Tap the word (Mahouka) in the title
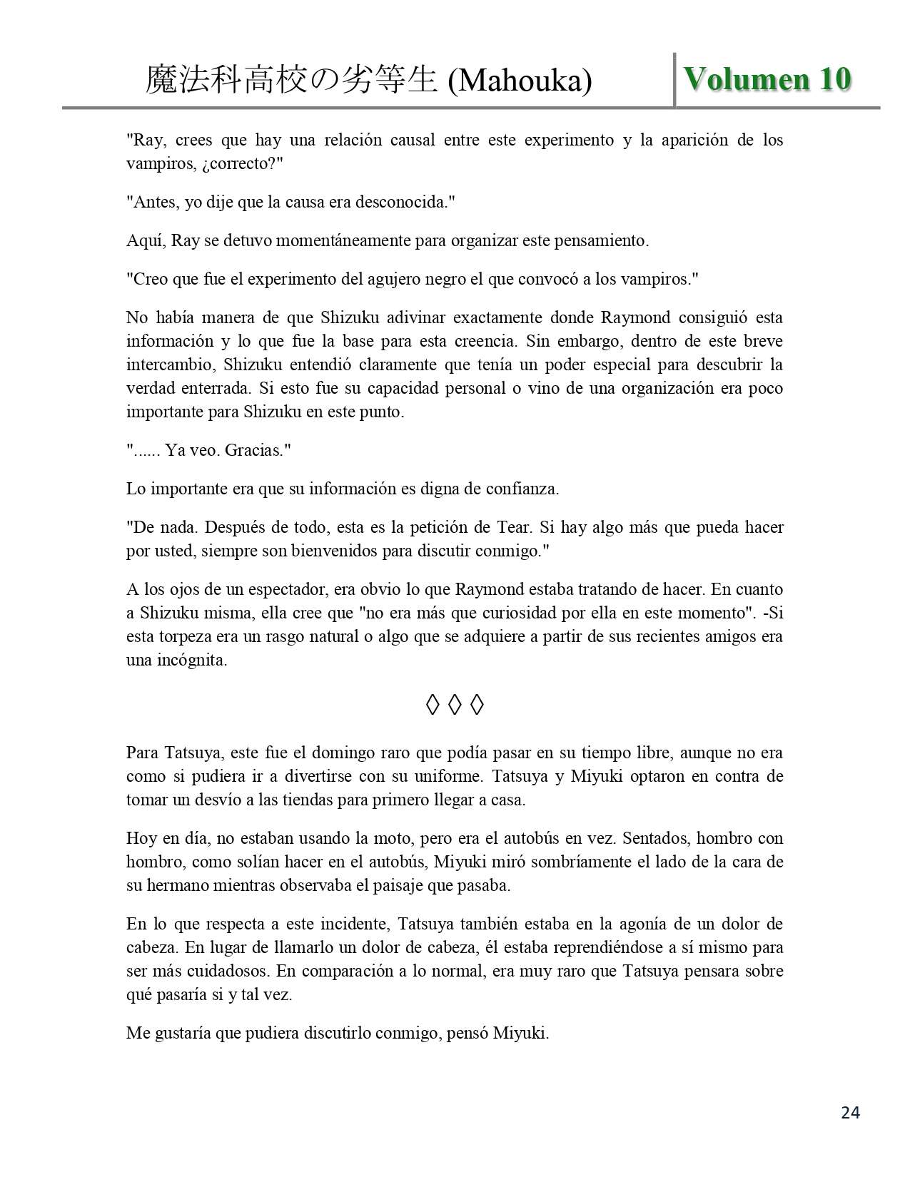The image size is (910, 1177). [x=520, y=81]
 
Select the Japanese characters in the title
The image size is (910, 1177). [x=291, y=80]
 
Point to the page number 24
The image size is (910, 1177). [x=850, y=1112]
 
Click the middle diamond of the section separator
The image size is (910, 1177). [x=455, y=705]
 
